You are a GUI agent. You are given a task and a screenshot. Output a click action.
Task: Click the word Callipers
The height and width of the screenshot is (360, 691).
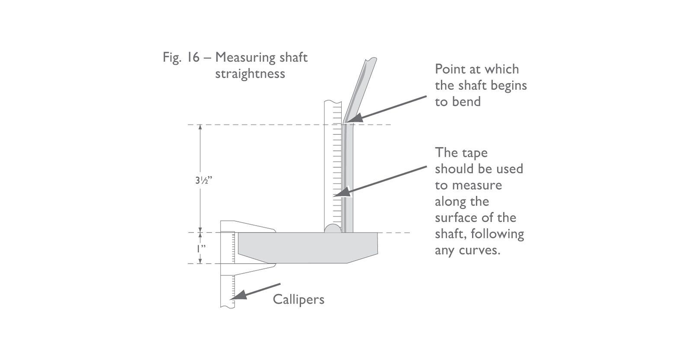[298, 299]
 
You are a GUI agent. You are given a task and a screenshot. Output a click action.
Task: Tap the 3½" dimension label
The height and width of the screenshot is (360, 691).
[203, 180]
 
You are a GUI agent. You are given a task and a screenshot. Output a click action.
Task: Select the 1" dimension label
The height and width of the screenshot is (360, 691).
[201, 249]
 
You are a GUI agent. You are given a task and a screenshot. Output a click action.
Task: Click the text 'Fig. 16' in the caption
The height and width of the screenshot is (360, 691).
[181, 57]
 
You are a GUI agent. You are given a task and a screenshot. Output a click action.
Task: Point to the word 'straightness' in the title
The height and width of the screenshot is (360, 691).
[250, 73]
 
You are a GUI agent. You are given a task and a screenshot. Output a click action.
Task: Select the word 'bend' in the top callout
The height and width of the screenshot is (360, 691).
[466, 102]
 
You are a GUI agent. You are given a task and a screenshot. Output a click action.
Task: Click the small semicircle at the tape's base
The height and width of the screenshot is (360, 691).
[333, 229]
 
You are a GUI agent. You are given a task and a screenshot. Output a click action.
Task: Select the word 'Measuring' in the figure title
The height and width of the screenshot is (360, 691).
[246, 57]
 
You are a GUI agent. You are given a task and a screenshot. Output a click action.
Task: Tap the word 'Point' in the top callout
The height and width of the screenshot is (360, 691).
[450, 69]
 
